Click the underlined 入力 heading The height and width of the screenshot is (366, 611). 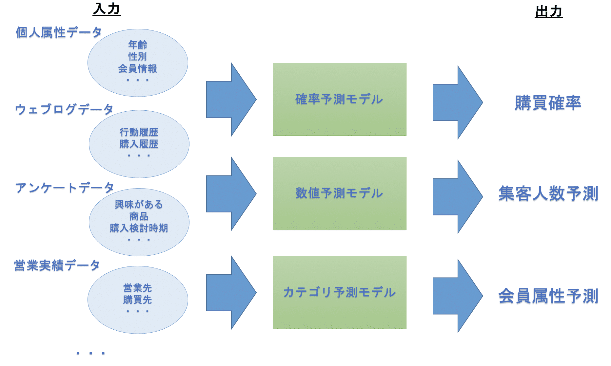pyautogui.click(x=107, y=9)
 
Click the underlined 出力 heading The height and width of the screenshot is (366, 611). pyautogui.click(x=549, y=12)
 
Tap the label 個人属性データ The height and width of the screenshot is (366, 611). pyautogui.click(x=59, y=32)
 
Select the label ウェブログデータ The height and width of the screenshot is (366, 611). pyautogui.click(x=64, y=109)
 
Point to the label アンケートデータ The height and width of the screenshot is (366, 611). pyautogui.click(x=65, y=188)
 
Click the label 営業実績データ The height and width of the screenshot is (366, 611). pyautogui.click(x=57, y=265)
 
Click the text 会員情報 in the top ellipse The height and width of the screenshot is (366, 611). pyautogui.click(x=138, y=69)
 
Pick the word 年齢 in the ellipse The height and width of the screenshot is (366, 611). pyautogui.click(x=138, y=44)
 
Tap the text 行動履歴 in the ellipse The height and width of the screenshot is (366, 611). pyautogui.click(x=139, y=132)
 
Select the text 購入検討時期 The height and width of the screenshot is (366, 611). pyautogui.click(x=139, y=228)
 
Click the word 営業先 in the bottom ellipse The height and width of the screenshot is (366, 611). pyautogui.click(x=138, y=288)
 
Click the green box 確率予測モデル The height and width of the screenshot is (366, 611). pyautogui.click(x=339, y=99)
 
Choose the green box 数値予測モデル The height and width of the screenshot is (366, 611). pyautogui.click(x=339, y=193)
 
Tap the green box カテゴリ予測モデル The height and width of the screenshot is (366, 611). pyautogui.click(x=339, y=292)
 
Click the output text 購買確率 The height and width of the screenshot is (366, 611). pyautogui.click(x=548, y=103)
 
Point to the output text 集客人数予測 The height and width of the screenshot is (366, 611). pyautogui.click(x=548, y=193)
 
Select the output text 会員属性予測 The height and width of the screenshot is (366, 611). pyautogui.click(x=548, y=296)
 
